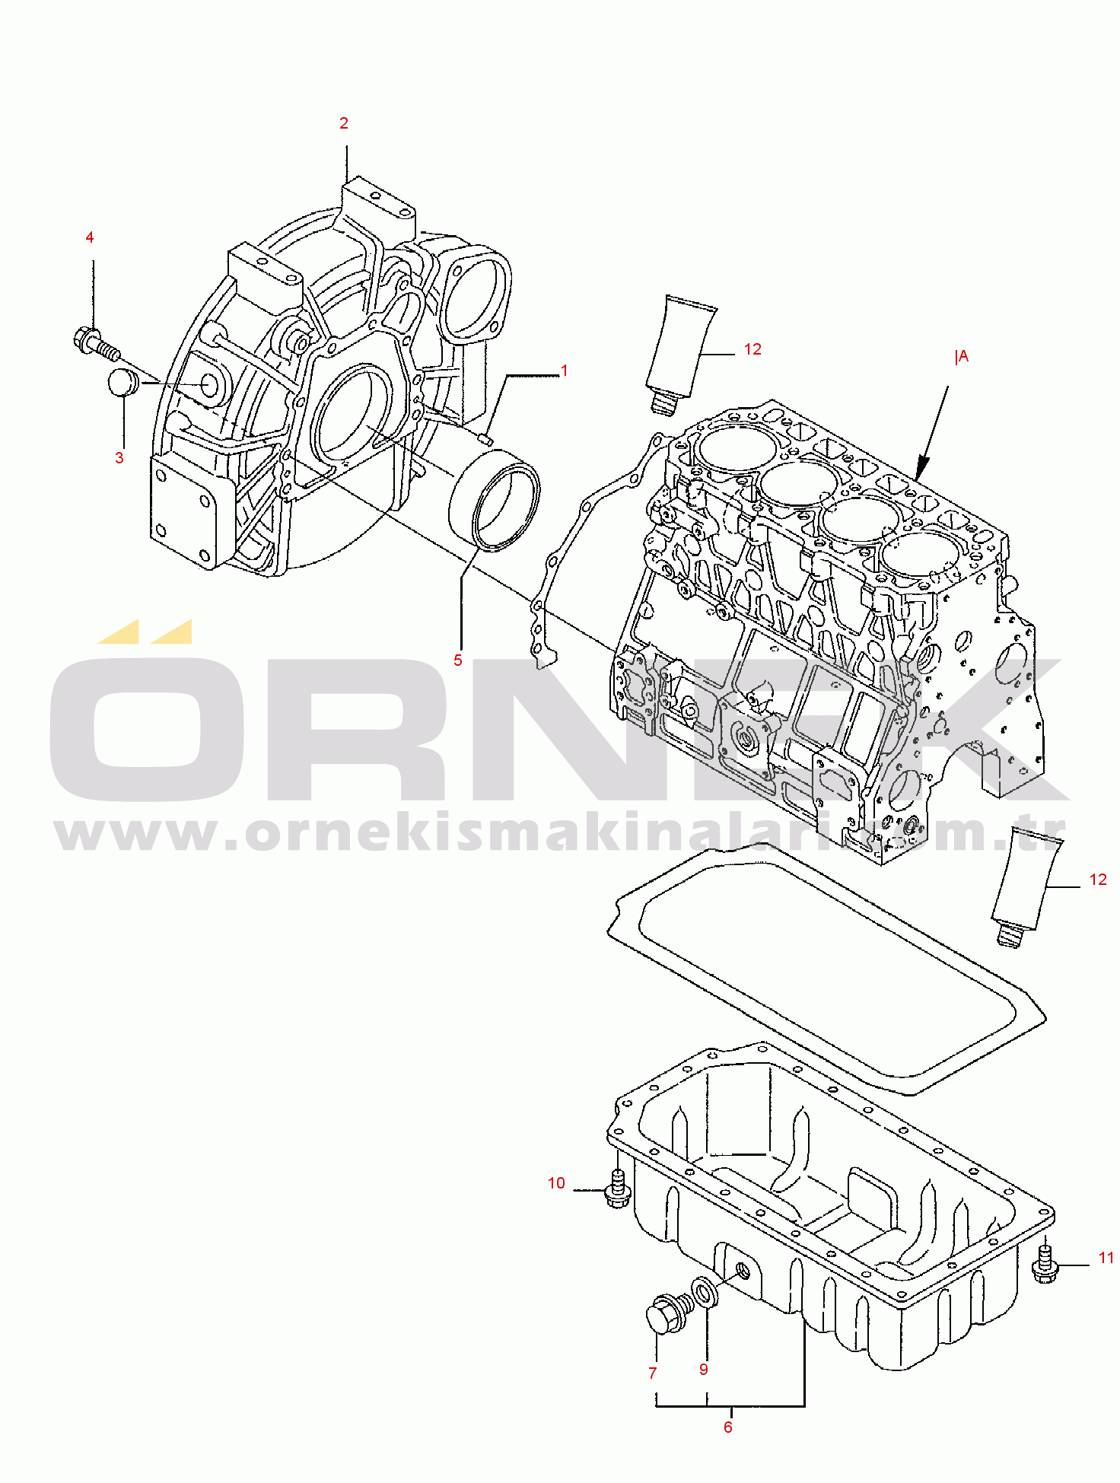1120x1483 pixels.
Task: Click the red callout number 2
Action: coord(344,123)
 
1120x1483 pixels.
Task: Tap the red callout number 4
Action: coord(90,237)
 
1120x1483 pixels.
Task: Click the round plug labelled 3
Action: coord(123,382)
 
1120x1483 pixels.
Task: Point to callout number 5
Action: coord(458,660)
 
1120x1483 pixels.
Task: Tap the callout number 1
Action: coord(565,371)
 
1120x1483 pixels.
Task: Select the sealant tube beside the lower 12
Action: coord(1026,887)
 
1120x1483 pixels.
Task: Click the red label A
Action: coord(963,356)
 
